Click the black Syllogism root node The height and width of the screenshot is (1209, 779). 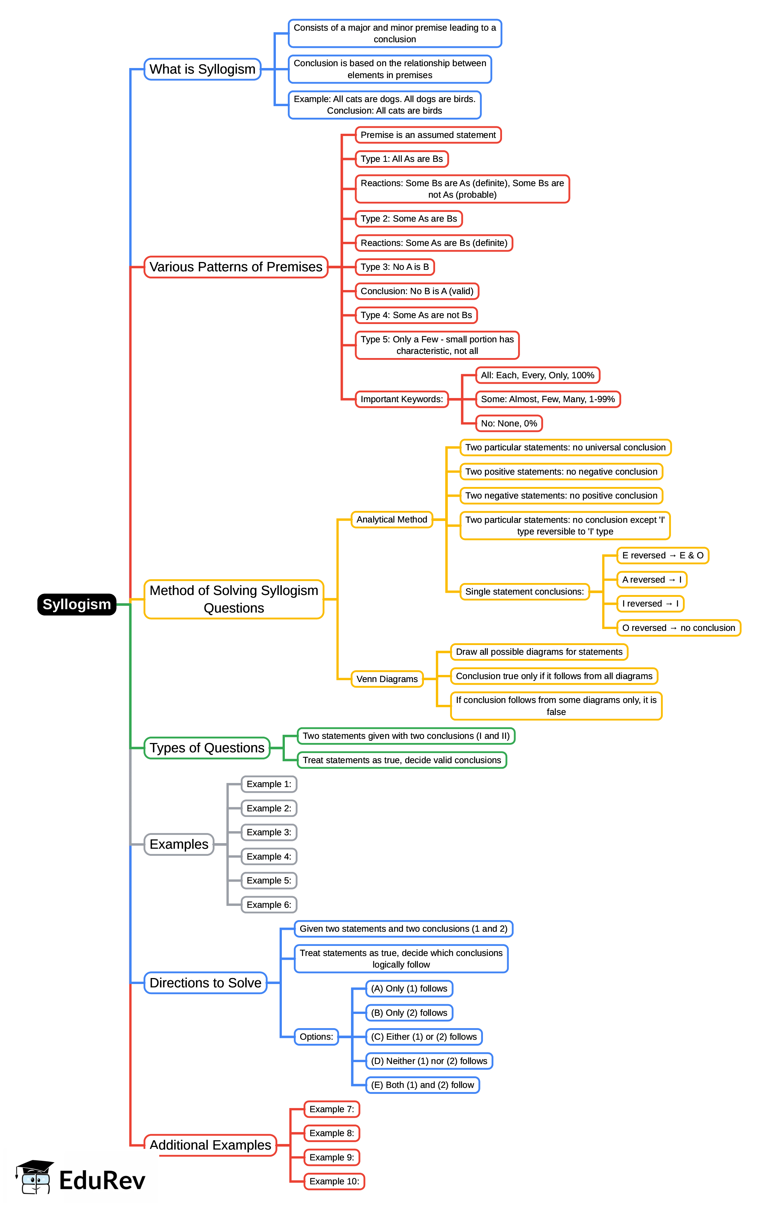(x=77, y=604)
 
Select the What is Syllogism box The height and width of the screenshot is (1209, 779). (x=202, y=69)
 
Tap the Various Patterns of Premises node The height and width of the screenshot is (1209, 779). (x=236, y=267)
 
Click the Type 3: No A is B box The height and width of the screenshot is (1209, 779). (x=395, y=267)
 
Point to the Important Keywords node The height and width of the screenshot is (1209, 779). (x=401, y=399)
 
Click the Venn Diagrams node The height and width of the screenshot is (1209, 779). (x=387, y=679)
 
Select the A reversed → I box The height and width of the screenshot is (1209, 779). (x=652, y=580)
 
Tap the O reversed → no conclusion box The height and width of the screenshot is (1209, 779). (x=678, y=627)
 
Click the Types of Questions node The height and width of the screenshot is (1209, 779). (x=207, y=748)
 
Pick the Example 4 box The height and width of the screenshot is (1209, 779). (x=269, y=857)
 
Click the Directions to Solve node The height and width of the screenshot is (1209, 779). (x=205, y=983)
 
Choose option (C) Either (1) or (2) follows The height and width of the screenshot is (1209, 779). (x=424, y=1037)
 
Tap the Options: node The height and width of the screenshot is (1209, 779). (x=316, y=1037)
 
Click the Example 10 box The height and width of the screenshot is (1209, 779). (x=334, y=1181)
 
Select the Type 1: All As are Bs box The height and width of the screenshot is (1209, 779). (x=401, y=159)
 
